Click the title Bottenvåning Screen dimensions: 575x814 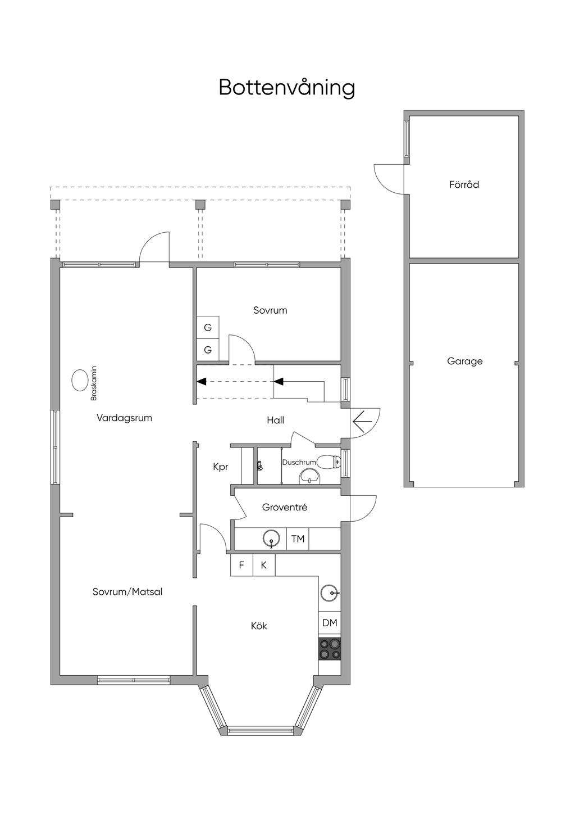point(287,88)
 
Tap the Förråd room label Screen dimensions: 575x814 point(464,184)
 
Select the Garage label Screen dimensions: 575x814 point(464,361)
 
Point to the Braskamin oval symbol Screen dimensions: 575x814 point(80,381)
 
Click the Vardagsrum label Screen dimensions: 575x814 point(124,418)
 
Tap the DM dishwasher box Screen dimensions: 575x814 point(330,623)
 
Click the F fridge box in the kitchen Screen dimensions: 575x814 point(241,565)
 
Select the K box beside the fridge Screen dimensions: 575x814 point(264,565)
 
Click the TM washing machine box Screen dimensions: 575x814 point(298,539)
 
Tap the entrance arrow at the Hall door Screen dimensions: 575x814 point(363,422)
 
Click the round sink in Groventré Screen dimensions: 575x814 point(272,539)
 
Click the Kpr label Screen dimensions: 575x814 point(220,467)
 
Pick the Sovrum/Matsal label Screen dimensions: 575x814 point(127,592)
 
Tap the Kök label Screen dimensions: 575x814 point(259,626)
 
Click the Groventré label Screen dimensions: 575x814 point(285,507)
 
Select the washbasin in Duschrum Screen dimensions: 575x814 point(309,477)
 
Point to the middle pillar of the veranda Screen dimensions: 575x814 point(200,205)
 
